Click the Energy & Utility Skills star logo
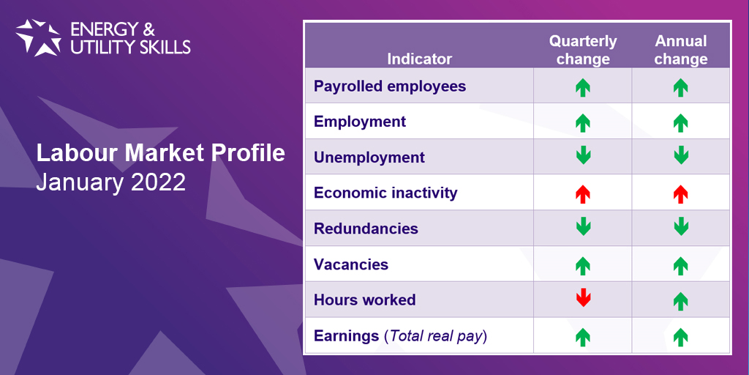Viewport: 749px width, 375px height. tap(38, 37)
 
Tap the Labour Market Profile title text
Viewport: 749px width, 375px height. tap(161, 153)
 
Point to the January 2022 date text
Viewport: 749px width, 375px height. tap(110, 182)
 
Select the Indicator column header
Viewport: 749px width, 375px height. tap(419, 59)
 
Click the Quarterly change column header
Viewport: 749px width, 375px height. tap(583, 50)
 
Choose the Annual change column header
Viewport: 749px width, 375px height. tap(680, 50)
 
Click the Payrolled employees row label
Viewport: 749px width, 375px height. tap(389, 86)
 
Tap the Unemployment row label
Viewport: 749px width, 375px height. tap(369, 157)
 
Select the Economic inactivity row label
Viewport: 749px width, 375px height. tap(385, 193)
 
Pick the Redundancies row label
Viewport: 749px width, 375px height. tap(366, 229)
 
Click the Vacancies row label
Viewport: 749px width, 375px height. tap(351, 264)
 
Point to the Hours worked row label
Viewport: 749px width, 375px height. tap(364, 300)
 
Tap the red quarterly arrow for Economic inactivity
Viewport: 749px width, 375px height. tap(583, 194)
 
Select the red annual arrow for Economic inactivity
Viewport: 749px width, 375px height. tap(680, 194)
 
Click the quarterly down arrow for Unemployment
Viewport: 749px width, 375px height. tap(583, 156)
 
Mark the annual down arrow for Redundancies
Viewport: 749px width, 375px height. tap(680, 227)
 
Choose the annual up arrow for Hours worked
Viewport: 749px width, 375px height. tap(680, 300)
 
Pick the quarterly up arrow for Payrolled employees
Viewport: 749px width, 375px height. tap(583, 88)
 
